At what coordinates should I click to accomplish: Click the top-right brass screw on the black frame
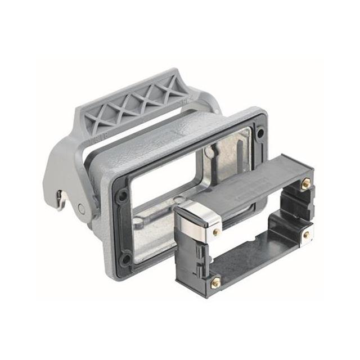click(x=306, y=183)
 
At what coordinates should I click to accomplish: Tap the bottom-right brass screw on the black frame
click(x=306, y=235)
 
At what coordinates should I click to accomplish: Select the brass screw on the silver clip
click(x=216, y=232)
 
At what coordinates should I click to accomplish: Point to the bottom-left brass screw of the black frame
click(x=215, y=283)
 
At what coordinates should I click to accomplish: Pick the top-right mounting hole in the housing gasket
click(x=260, y=134)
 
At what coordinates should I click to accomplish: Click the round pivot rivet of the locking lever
click(x=82, y=209)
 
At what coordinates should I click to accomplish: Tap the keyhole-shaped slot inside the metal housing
click(x=211, y=151)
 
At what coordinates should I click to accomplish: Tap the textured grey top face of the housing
click(x=163, y=141)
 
